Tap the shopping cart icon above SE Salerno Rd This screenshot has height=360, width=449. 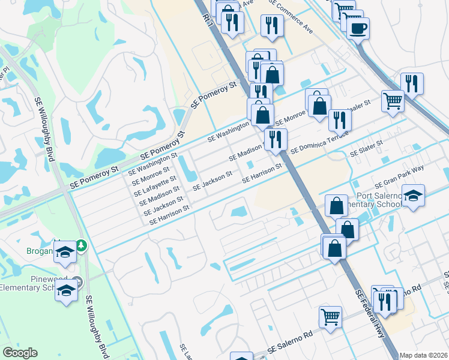coord(331,316)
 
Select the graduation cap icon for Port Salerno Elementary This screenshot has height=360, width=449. coord(413,196)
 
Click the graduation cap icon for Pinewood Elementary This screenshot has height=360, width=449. coord(67,290)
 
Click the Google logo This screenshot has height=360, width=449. coord(20,353)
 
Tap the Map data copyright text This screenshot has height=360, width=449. coord(424,355)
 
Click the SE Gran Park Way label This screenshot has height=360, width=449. coord(399,178)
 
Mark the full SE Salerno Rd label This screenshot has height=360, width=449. coord(291,347)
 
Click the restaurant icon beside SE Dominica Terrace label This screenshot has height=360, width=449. coord(276,140)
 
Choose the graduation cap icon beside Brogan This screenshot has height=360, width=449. coord(65,253)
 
